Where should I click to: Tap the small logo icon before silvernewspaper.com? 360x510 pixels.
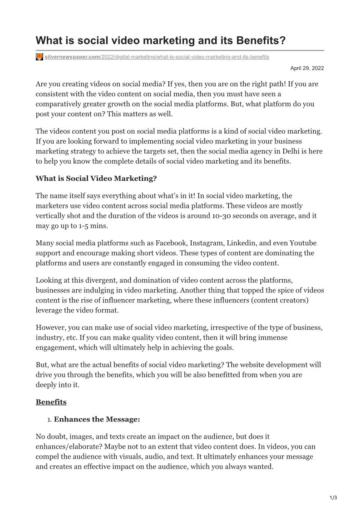39,57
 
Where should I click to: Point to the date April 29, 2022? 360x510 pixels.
307,68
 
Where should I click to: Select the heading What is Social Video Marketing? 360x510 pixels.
96,178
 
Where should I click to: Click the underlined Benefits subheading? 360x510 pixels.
51,402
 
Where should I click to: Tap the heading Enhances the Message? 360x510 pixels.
97,419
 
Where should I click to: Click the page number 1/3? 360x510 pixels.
333,498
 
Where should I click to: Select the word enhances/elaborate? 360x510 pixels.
67,446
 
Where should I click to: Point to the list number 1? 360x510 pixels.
49,420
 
